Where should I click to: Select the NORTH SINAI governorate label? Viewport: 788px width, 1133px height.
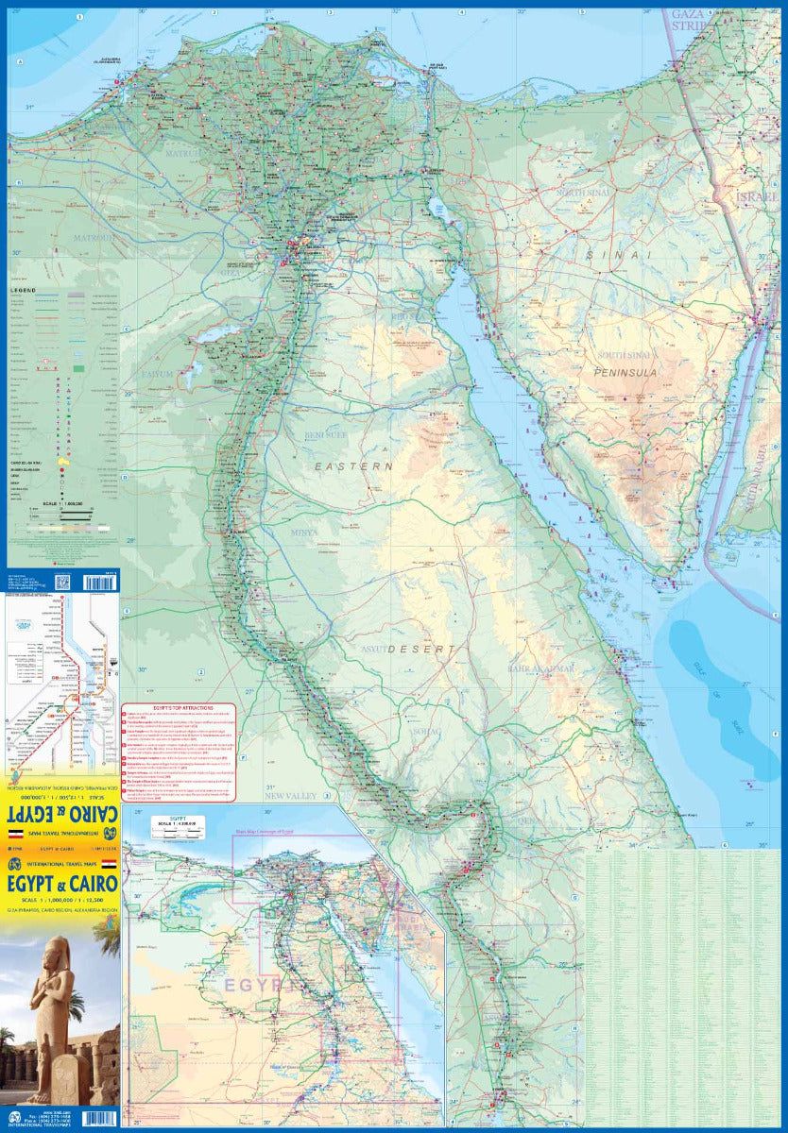589,193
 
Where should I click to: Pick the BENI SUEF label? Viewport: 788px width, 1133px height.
325,436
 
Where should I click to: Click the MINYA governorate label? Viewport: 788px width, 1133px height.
305,533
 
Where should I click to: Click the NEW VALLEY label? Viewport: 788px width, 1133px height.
287,796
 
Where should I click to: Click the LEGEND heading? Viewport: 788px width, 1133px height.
25,290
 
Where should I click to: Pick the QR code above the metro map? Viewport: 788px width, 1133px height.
63,583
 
